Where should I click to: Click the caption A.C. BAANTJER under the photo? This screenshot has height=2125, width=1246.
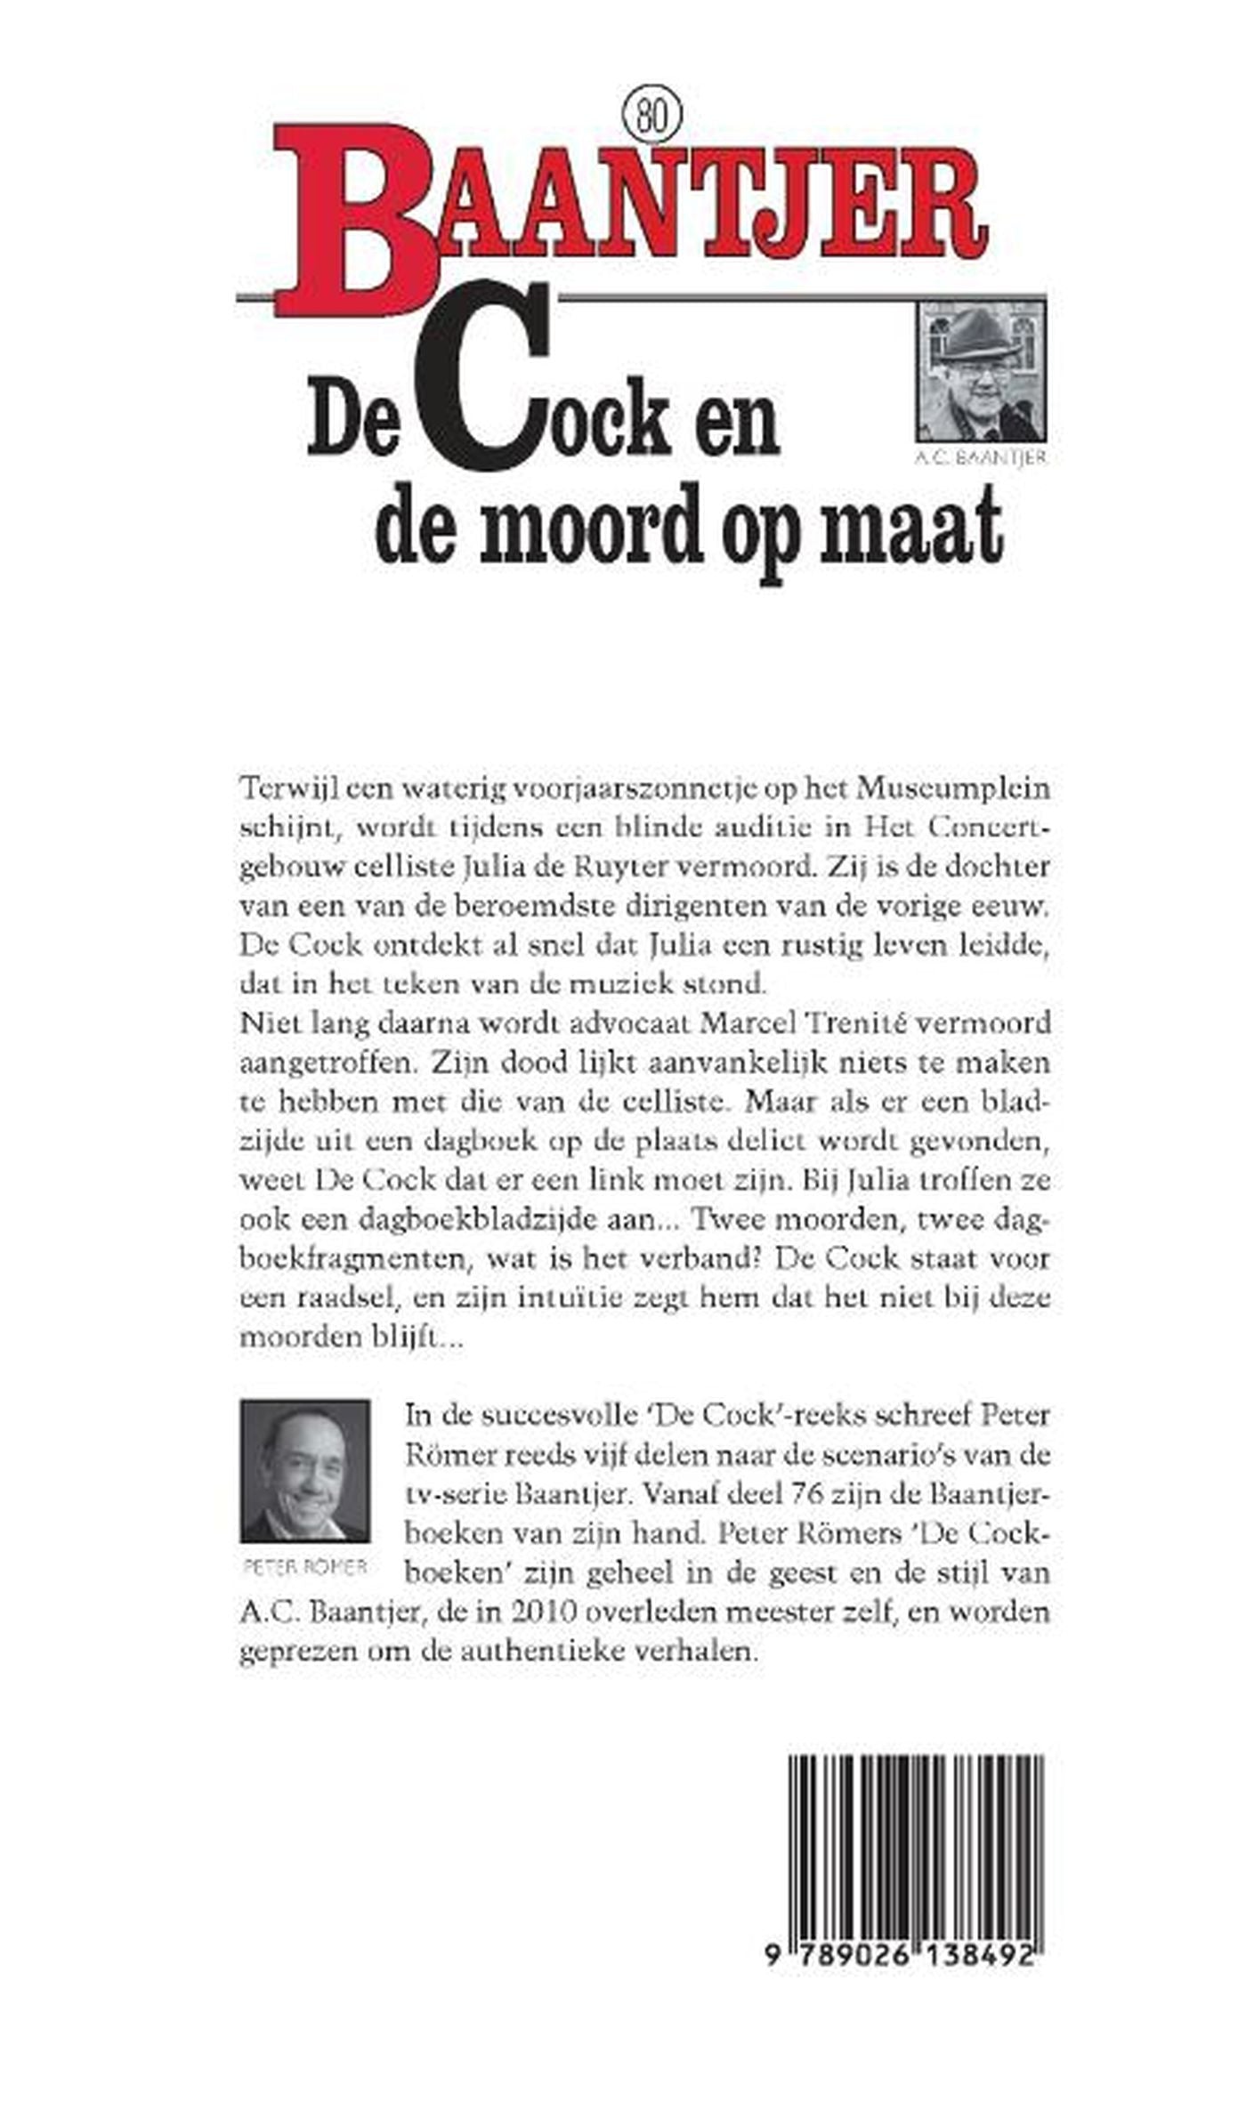point(982,458)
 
